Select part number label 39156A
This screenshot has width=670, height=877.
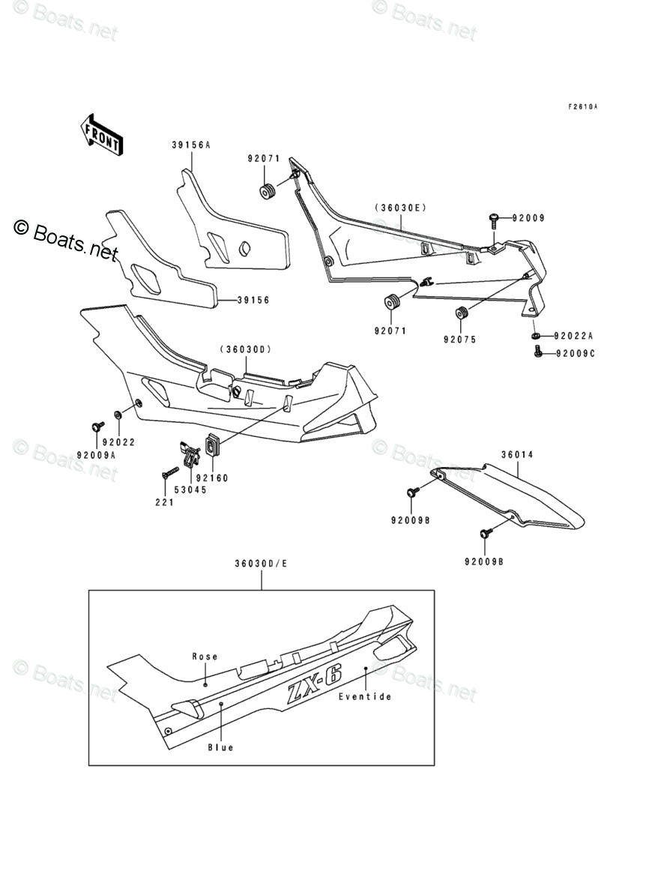pos(191,145)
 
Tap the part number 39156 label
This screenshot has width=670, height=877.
pos(253,301)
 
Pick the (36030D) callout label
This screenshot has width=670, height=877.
pos(245,349)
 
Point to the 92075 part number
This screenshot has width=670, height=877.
pos(459,340)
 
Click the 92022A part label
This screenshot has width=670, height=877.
pos(573,336)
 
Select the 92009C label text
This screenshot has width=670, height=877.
pos(574,354)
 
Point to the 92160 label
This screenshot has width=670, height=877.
pos(212,477)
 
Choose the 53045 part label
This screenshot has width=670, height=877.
pos(190,489)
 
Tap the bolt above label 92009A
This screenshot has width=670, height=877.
pos(97,427)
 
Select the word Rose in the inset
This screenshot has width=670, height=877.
pos(205,657)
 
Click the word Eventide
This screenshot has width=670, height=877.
pos(365,696)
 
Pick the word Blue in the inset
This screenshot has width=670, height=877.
pos(221,747)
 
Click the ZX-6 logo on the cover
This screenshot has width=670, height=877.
pos(314,684)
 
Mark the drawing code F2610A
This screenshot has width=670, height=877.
pos(582,107)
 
